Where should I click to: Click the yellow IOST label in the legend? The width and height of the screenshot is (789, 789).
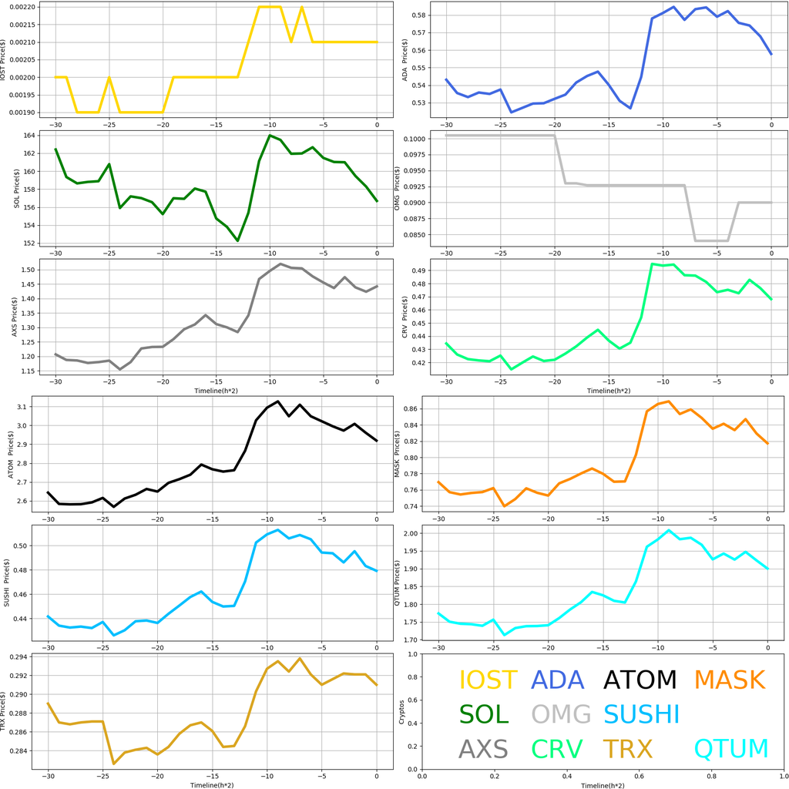(488, 680)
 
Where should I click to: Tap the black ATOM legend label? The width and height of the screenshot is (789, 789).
(640, 680)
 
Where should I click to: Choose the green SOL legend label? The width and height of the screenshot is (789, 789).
(484, 714)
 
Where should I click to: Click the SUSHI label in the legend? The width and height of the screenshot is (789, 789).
(641, 714)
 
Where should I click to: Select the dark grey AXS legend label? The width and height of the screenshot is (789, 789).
(483, 749)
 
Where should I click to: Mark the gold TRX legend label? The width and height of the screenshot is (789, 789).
(627, 749)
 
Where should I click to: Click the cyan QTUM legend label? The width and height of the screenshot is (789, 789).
(731, 749)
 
